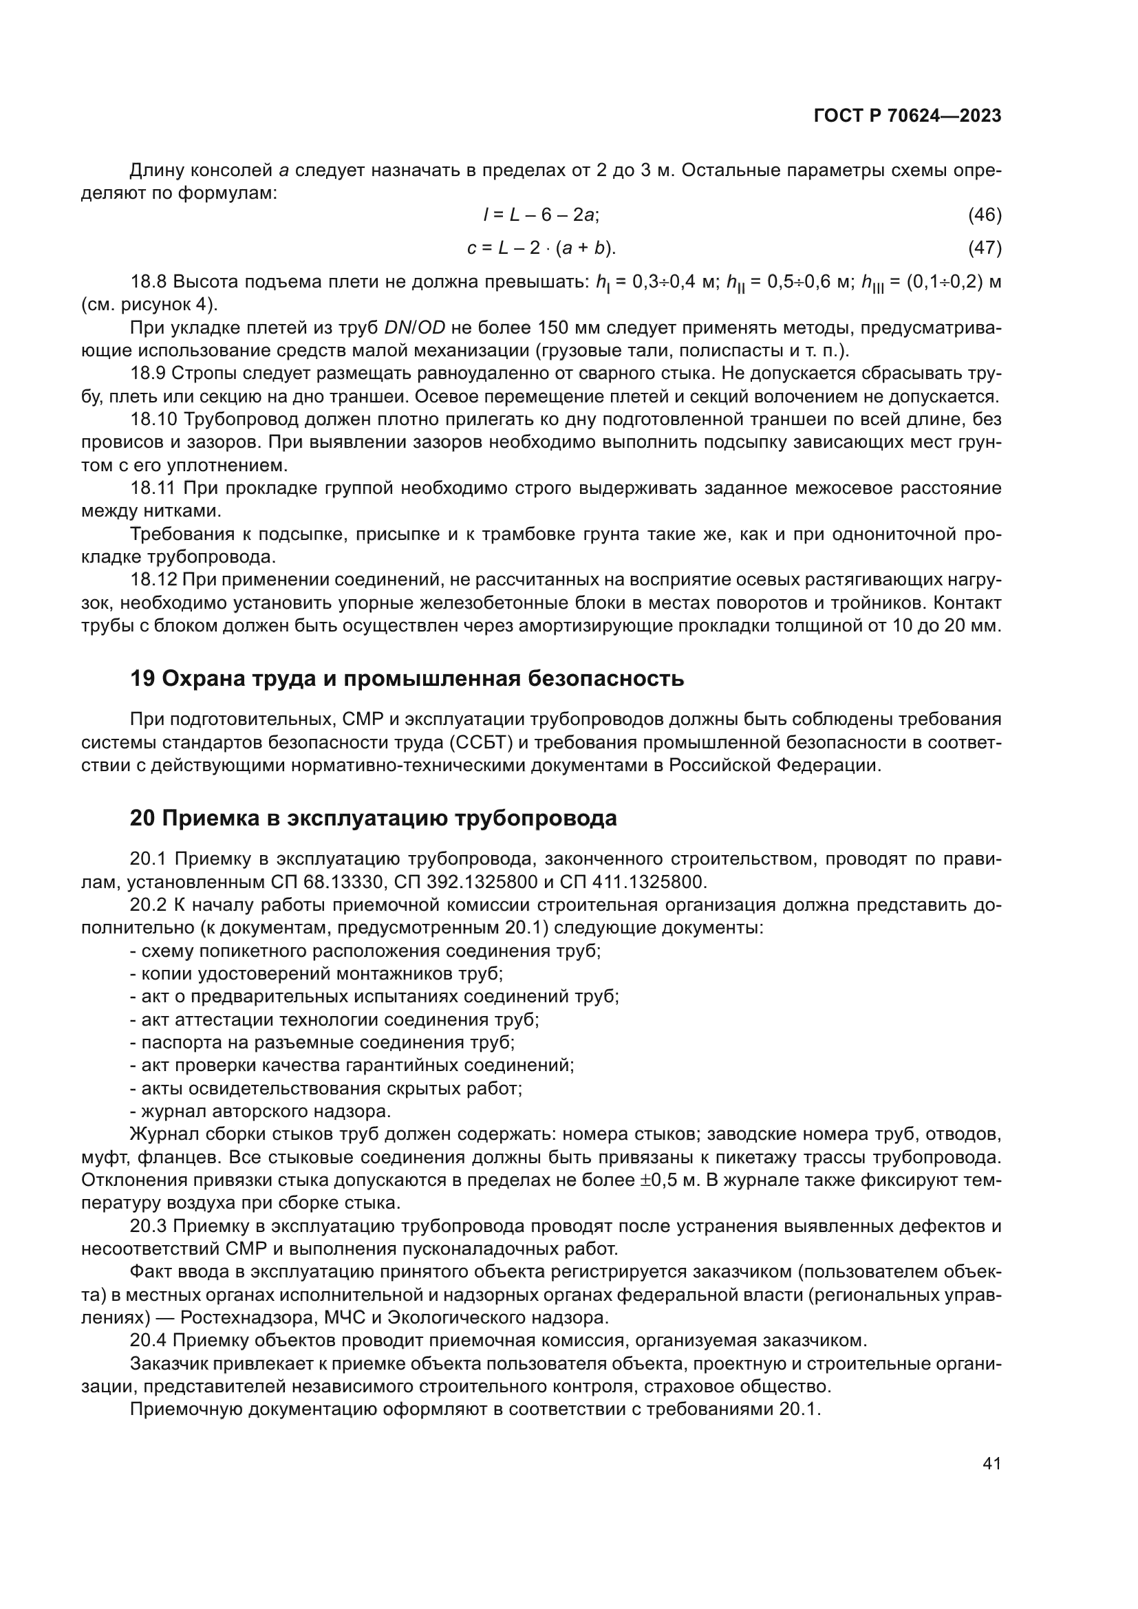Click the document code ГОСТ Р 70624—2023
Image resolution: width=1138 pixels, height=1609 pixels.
point(908,116)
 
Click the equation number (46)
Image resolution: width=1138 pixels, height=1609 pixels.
point(985,215)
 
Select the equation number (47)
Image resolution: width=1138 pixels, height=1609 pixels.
point(985,248)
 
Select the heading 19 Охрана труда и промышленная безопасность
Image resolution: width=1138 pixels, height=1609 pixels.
point(407,679)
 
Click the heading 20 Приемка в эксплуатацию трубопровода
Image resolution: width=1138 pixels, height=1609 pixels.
point(373,819)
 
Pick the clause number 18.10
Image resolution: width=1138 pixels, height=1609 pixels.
point(153,420)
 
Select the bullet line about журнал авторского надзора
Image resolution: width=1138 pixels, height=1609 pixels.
point(261,1112)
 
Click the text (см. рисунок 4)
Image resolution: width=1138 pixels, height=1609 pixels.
point(149,305)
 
